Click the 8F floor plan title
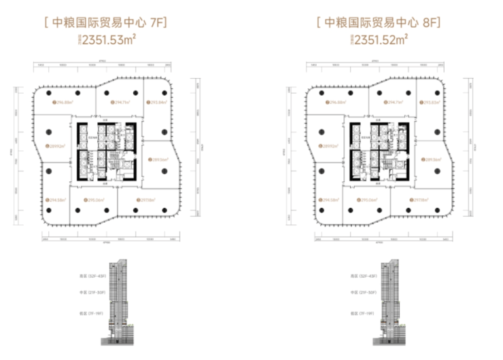click(379, 23)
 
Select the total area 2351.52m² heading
click(379, 39)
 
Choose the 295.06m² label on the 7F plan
click(95, 200)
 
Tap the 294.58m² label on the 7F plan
click(58, 200)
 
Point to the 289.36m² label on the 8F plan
click(432, 159)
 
